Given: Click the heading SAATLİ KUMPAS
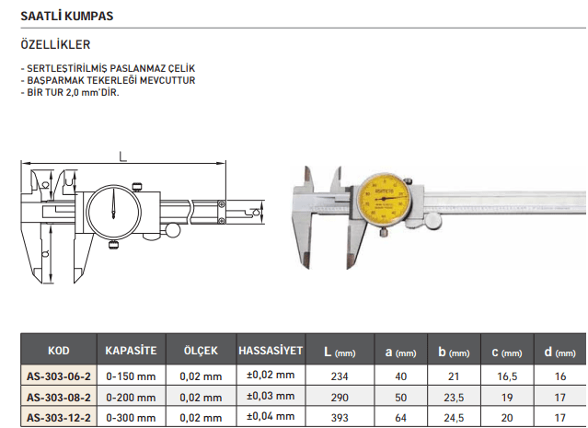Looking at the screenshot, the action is (67, 16).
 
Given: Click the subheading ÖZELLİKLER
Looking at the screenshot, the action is (55, 44).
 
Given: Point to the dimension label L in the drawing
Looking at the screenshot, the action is (122, 156).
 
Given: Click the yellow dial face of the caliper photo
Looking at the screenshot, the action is (383, 199).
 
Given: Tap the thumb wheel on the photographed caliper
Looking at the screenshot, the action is (432, 221).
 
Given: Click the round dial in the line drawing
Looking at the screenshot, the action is (113, 212).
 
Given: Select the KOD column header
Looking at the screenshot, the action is (59, 351).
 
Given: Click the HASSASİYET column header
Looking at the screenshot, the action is (271, 351).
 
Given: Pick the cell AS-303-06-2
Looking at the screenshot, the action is (59, 376).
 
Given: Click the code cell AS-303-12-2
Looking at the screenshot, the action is (59, 418).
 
